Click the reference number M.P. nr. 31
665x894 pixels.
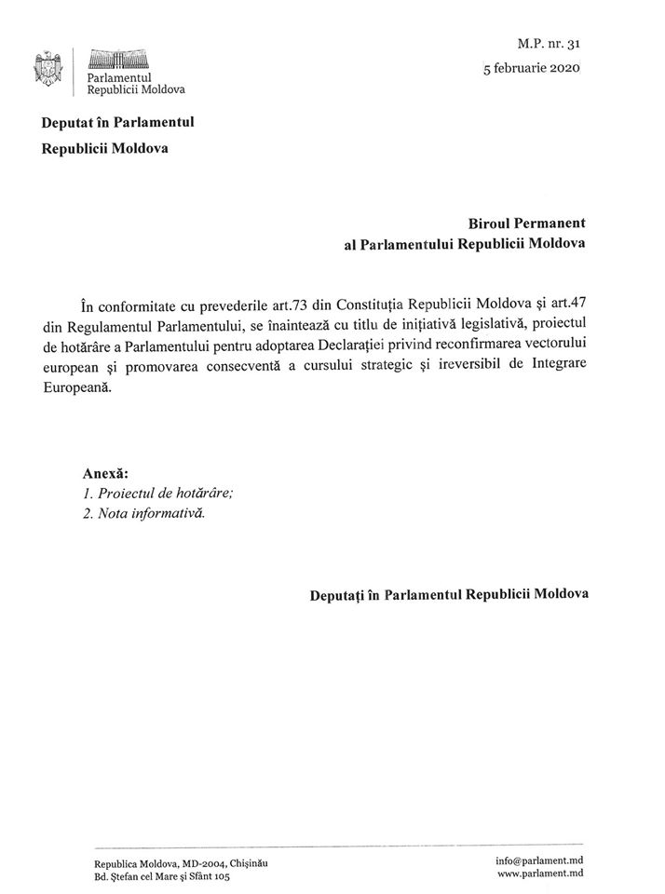[x=553, y=43]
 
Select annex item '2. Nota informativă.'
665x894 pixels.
[x=143, y=514]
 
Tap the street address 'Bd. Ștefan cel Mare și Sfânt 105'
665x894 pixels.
[x=161, y=876]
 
